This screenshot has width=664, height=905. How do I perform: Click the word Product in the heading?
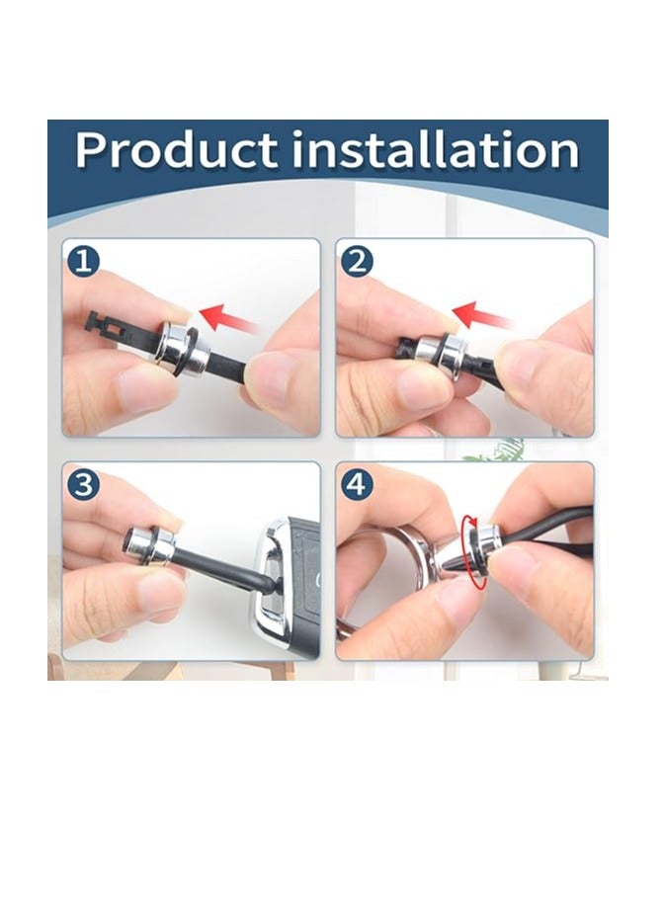tap(177, 150)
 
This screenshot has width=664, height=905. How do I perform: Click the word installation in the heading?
tap(436, 149)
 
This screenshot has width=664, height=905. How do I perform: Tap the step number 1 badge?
tap(84, 261)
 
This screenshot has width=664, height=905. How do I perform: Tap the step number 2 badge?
tap(358, 262)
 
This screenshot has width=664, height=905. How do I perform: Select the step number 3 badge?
tap(84, 484)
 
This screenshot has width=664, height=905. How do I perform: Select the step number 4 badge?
tap(358, 484)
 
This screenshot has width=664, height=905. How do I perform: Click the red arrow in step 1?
tap(228, 318)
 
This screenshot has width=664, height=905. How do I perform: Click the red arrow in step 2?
tap(482, 316)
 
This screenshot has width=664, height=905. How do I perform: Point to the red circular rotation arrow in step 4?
tap(473, 551)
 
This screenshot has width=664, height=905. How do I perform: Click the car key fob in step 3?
tap(286, 583)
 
